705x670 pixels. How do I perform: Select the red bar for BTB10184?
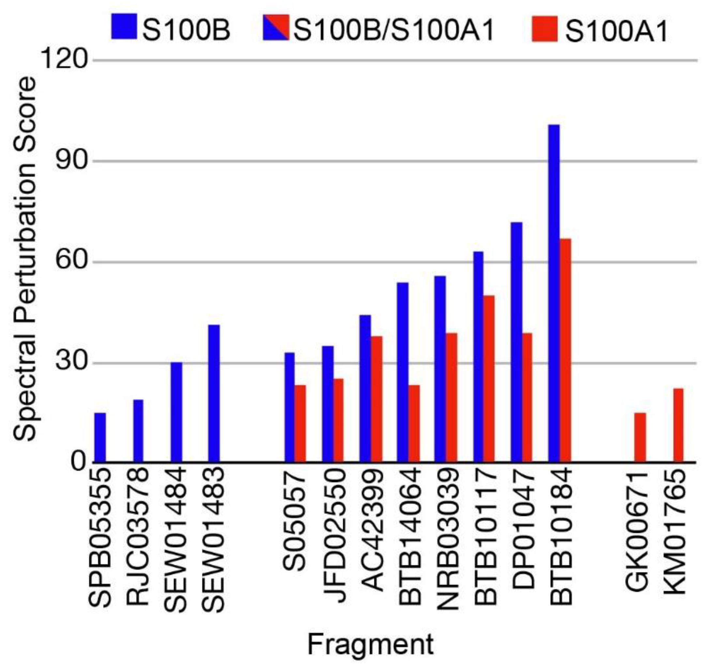click(x=565, y=350)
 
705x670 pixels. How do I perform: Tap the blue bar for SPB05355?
click(x=100, y=438)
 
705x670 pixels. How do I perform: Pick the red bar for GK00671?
click(x=640, y=438)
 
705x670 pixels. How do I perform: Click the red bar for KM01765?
click(x=678, y=425)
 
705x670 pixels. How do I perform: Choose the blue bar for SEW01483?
click(x=214, y=393)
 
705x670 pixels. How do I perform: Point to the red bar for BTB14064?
click(x=414, y=423)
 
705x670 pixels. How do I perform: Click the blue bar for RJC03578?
click(x=138, y=431)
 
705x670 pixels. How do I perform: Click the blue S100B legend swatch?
click(x=124, y=26)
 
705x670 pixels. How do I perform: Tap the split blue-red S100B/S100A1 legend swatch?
click(x=276, y=27)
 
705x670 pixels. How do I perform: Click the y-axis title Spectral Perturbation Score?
click(x=25, y=259)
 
